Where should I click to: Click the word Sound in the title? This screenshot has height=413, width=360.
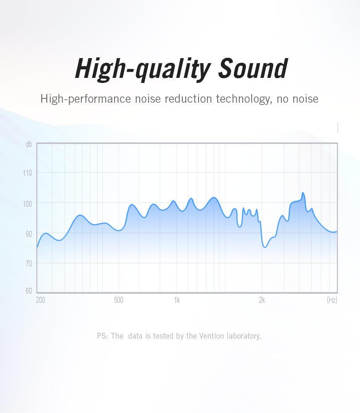[253, 68]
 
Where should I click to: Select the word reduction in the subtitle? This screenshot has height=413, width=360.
[189, 99]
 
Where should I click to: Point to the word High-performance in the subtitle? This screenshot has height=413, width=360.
[86, 99]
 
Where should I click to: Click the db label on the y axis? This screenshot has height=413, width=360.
[29, 144]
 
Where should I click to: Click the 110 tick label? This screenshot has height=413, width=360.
[27, 173]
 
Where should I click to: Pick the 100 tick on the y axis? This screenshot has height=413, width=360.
[27, 204]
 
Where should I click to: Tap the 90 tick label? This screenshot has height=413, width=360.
[29, 234]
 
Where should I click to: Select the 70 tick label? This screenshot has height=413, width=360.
[29, 263]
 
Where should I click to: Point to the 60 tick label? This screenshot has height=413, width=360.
[29, 291]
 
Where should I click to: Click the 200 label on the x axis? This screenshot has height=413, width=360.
[41, 300]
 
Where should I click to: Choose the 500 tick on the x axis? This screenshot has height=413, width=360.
[118, 300]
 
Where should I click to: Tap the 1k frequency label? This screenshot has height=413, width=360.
[177, 300]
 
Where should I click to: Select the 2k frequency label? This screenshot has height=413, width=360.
[262, 300]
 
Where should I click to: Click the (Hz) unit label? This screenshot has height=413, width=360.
[332, 300]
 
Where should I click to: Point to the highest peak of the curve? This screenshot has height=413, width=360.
[303, 193]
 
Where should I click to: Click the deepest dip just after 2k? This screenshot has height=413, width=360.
[265, 247]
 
